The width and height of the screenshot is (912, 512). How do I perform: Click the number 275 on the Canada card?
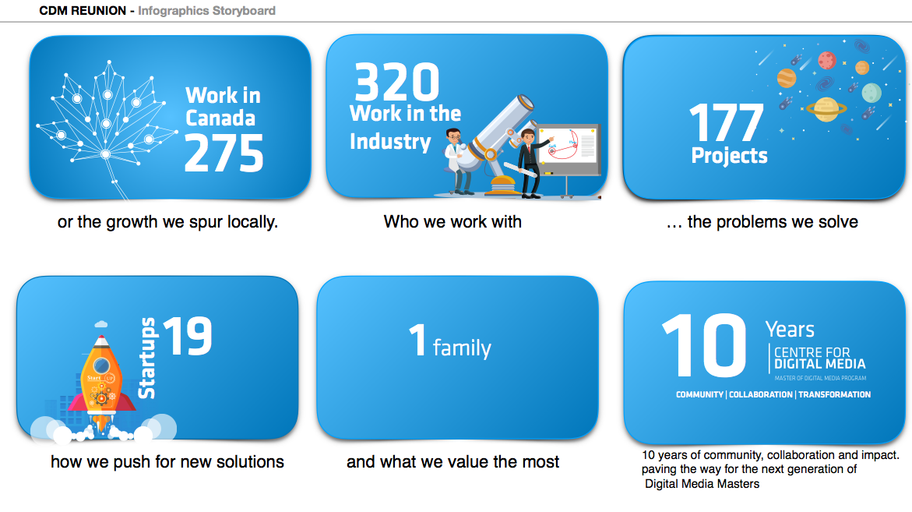tap(224, 154)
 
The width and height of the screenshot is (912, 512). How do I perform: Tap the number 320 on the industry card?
tap(396, 82)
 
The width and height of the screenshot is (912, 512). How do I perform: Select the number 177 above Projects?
tap(727, 123)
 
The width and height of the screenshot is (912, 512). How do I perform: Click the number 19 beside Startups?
tap(187, 336)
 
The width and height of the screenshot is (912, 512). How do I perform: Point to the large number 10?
tap(704, 345)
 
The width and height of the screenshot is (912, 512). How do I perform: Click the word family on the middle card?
tap(462, 348)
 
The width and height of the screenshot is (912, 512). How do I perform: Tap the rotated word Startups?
tap(147, 358)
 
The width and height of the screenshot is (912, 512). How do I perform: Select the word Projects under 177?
tap(730, 155)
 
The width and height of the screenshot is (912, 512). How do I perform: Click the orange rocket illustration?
tap(101, 378)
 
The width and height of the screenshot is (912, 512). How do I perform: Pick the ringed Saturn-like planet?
tap(826, 109)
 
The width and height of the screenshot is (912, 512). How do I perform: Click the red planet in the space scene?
tap(826, 60)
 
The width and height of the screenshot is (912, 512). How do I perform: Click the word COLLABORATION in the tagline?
tap(761, 394)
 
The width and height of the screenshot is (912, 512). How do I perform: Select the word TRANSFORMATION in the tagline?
tap(835, 394)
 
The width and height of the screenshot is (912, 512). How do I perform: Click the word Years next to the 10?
tap(789, 330)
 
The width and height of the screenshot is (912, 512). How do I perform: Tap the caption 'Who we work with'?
tap(452, 221)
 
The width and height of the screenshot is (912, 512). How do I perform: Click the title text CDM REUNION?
tap(83, 10)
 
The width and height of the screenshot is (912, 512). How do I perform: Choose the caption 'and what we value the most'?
tap(452, 462)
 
